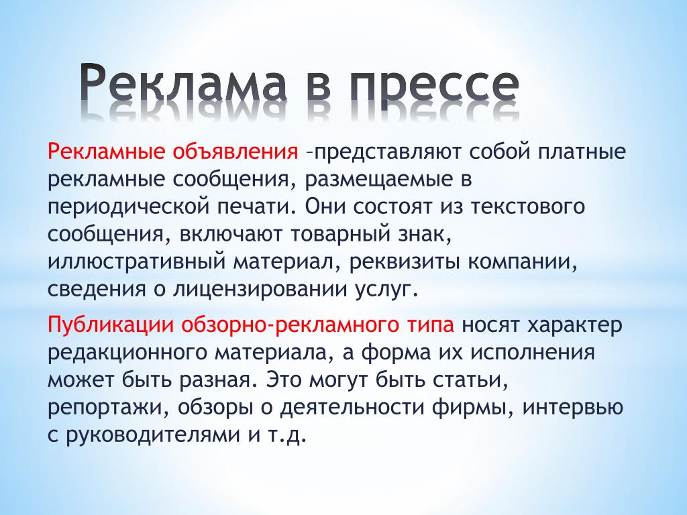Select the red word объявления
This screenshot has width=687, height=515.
235,152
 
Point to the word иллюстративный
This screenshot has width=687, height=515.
136,263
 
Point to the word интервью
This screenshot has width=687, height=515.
573,407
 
